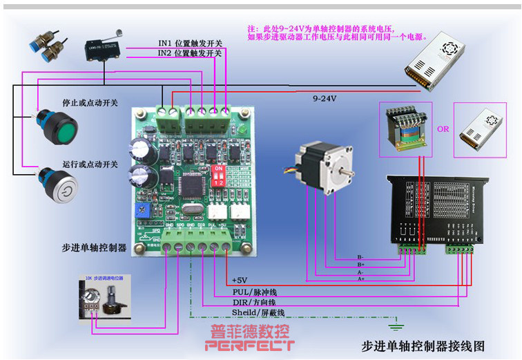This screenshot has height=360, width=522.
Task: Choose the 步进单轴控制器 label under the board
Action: coord(95,247)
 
